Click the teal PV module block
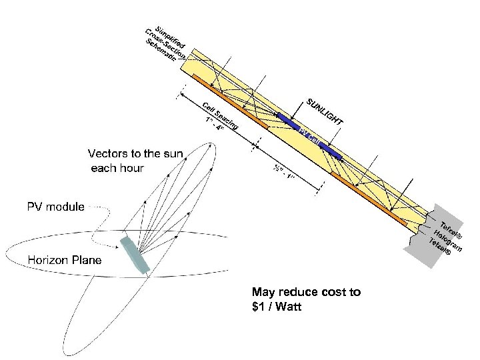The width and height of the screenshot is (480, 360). [136, 253]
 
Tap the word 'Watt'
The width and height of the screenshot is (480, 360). [289, 307]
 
